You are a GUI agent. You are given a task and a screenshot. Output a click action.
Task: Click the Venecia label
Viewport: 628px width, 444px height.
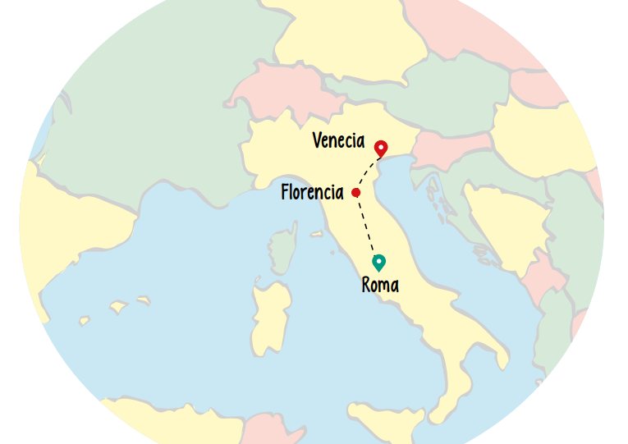click(x=338, y=141)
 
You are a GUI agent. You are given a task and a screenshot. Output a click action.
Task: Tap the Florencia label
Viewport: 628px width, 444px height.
click(x=312, y=193)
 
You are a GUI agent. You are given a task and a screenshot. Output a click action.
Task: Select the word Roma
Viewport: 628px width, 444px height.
click(x=380, y=286)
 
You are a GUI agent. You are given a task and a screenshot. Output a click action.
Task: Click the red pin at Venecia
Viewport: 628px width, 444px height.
click(x=381, y=149)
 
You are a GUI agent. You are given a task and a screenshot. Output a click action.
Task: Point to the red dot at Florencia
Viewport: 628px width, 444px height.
click(x=355, y=193)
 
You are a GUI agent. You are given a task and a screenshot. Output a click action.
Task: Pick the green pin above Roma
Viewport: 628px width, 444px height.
click(x=378, y=262)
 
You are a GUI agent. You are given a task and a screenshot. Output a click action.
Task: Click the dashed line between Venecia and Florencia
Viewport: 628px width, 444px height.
click(x=366, y=171)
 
